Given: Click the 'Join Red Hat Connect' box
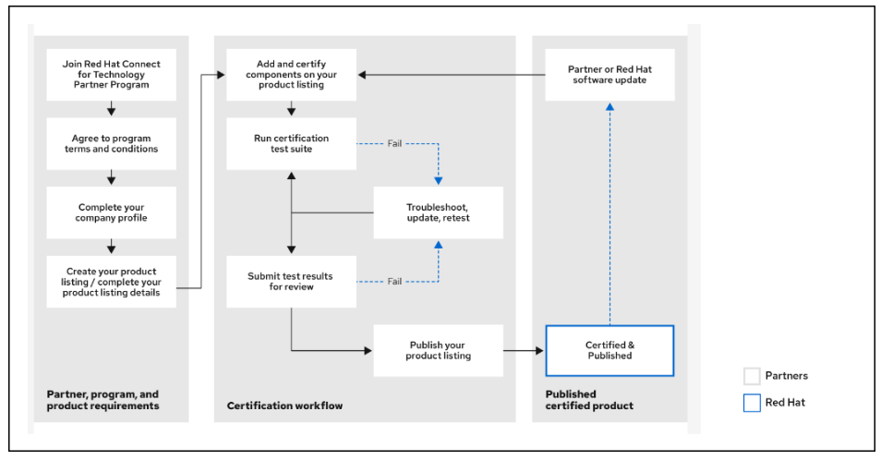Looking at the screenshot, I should coord(111,75).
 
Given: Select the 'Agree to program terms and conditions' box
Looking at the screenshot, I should coord(111,143).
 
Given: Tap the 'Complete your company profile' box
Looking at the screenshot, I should coord(111,212).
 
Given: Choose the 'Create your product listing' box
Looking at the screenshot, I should coord(111,282).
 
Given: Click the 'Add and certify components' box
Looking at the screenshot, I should coord(291,75).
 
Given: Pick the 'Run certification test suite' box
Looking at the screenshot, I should coord(291,143).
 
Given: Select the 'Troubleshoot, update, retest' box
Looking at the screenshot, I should coord(438,212).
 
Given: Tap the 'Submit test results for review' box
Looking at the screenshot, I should coord(291,282).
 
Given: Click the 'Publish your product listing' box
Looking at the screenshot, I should coord(438,350).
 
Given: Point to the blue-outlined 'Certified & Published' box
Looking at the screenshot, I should coord(609,350).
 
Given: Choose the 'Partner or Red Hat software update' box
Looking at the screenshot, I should coord(609,75).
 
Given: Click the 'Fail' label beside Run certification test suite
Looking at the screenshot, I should coord(394,143).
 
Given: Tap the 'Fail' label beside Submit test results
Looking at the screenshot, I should coord(394,282).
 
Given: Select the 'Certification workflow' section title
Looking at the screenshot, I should coord(284,406).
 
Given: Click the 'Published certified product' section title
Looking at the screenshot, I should coord(589,400).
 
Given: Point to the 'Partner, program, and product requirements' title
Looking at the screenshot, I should coord(103,400).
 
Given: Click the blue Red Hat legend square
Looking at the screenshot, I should coord(752,403).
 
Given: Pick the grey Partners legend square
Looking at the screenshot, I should coord(752,376).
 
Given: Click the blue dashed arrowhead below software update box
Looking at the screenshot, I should coord(609,106).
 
